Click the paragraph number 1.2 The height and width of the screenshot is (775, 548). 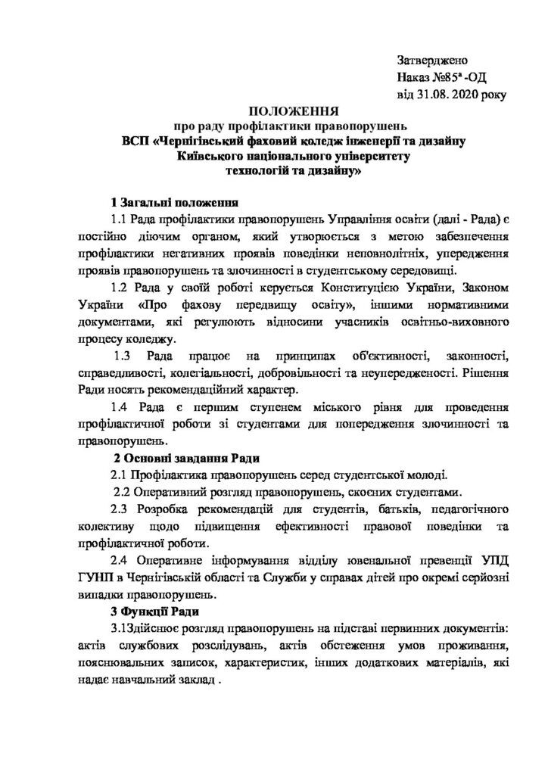(122, 288)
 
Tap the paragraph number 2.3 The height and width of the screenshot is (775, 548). (123, 510)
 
